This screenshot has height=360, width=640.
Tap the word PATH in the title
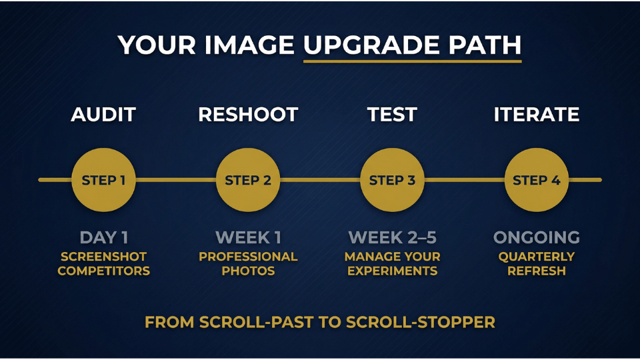[485, 45]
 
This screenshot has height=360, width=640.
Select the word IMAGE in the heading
[249, 45]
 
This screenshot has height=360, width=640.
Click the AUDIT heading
[103, 115]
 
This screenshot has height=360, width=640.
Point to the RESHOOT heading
[248, 115]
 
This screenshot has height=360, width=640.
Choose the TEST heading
[392, 115]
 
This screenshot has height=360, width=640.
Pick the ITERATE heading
[536, 115]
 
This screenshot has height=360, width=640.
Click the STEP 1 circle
[104, 180]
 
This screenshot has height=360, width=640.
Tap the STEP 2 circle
[248, 180]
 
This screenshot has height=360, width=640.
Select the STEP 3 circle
[392, 180]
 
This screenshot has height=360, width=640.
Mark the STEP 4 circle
[536, 180]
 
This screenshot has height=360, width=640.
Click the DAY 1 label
[104, 237]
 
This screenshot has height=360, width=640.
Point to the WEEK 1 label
[248, 237]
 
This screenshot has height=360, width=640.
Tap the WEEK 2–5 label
[392, 237]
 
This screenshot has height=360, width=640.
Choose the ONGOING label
[536, 237]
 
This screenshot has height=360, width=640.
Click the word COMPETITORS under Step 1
[104, 271]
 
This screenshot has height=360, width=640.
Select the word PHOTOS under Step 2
[248, 271]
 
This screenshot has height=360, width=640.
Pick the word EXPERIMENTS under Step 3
[392, 271]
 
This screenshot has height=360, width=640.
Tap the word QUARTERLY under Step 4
[536, 257]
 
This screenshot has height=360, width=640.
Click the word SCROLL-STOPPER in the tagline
[421, 323]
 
